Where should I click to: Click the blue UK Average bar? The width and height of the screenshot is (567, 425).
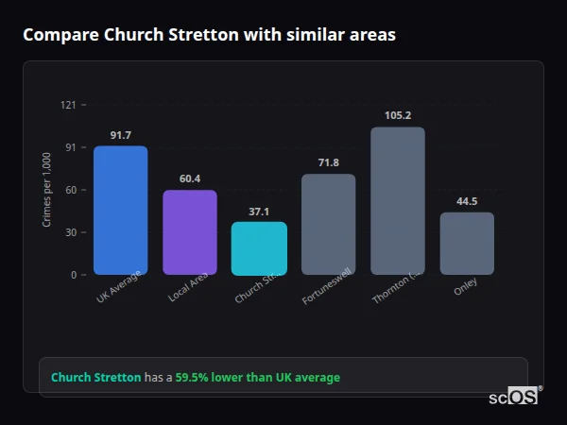pos(120,210)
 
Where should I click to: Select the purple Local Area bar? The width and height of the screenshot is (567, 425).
pos(190,232)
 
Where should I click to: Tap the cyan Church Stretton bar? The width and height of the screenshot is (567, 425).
pos(259,248)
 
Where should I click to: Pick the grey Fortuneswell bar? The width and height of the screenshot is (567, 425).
pos(329,224)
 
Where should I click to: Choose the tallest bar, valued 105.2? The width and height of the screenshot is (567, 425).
pos(398,200)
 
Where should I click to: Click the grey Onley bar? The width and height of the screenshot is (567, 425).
pos(467,243)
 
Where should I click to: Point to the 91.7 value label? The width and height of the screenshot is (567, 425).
pos(120,135)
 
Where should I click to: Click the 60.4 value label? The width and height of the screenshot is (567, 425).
pos(190,178)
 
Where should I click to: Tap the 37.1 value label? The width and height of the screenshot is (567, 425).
pos(259,212)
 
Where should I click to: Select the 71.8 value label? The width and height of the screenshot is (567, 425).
pos(329,162)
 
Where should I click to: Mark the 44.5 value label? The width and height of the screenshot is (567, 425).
pos(467,201)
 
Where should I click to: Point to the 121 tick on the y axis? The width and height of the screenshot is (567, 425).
pos(68,105)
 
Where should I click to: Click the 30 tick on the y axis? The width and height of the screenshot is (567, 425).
pos(70,232)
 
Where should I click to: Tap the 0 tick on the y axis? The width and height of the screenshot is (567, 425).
pos(73,275)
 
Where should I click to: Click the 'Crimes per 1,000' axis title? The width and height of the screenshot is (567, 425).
pos(46,190)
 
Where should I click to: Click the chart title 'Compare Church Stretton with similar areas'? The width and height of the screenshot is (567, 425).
pos(209,35)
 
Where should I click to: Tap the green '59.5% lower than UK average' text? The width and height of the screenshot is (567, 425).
pos(257,378)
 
